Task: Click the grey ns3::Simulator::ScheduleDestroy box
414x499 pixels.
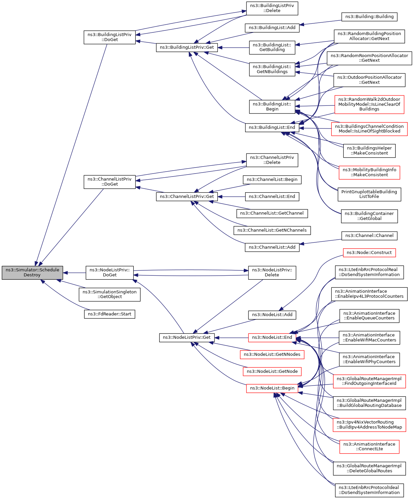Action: tap(32, 273)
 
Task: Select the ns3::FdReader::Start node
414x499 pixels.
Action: tap(110, 314)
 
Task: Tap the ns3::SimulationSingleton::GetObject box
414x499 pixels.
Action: tap(110, 294)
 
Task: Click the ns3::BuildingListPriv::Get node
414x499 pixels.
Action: tap(187, 47)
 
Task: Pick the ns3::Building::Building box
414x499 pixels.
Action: tap(369, 17)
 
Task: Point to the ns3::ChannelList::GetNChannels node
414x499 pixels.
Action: tap(272, 230)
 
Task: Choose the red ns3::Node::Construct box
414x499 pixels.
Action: tap(369, 253)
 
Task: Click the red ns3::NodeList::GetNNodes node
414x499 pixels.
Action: tap(272, 354)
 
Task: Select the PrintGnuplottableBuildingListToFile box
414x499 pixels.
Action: tap(369, 194)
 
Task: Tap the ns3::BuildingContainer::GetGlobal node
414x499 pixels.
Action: tap(369, 216)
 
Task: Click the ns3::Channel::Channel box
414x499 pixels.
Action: tap(369, 236)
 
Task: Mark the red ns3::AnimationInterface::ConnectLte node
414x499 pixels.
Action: tap(369, 447)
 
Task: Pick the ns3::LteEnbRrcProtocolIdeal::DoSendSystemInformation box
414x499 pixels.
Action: tap(369, 490)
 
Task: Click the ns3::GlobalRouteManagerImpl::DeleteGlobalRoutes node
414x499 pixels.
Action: tap(369, 468)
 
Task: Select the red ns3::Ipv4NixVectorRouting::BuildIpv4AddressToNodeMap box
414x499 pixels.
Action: tap(369, 425)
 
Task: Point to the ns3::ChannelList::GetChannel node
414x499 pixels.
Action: tap(272, 213)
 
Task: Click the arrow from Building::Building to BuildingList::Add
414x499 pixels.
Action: tap(320, 22)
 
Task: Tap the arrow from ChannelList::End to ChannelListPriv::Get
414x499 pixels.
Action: tap(231, 197)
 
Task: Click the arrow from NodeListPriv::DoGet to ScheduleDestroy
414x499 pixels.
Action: tap(74, 273)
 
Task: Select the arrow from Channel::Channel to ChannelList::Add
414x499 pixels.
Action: tap(320, 242)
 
